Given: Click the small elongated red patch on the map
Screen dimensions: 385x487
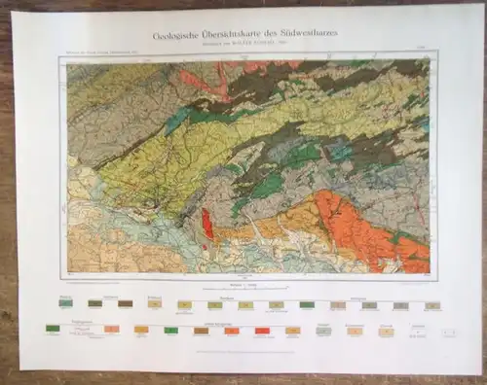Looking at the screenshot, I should (x=206, y=226).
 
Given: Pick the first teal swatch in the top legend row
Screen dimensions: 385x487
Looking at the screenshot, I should (x=65, y=304).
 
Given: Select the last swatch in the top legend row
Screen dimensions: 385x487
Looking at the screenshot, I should (x=431, y=305).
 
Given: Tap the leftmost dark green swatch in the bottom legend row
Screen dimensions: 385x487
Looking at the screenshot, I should (x=53, y=329).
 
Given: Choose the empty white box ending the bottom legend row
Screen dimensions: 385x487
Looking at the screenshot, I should (x=449, y=332).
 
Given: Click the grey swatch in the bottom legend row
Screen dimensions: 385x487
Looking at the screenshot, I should (x=323, y=331).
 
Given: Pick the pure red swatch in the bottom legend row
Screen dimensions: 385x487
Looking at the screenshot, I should (x=262, y=331).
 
